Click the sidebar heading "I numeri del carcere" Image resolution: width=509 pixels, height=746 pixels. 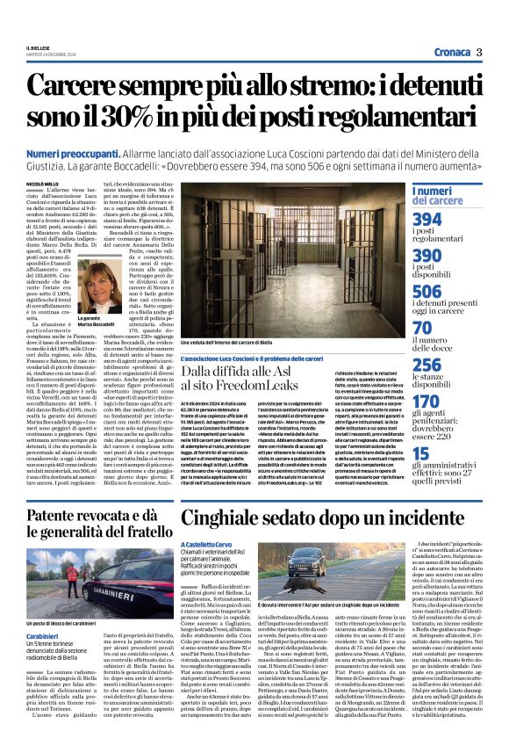pyautogui.click(x=443, y=196)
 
